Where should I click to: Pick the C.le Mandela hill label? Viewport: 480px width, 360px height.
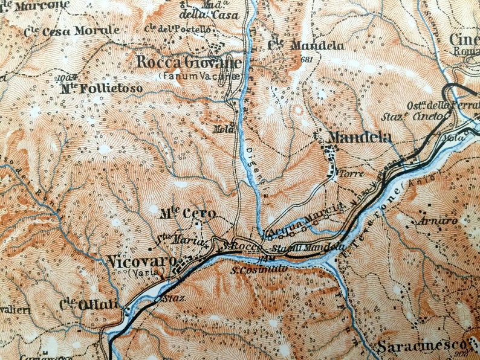(x=306, y=46)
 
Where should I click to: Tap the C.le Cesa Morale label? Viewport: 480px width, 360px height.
(x=72, y=30)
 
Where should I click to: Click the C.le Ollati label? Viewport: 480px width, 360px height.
(x=83, y=304)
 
